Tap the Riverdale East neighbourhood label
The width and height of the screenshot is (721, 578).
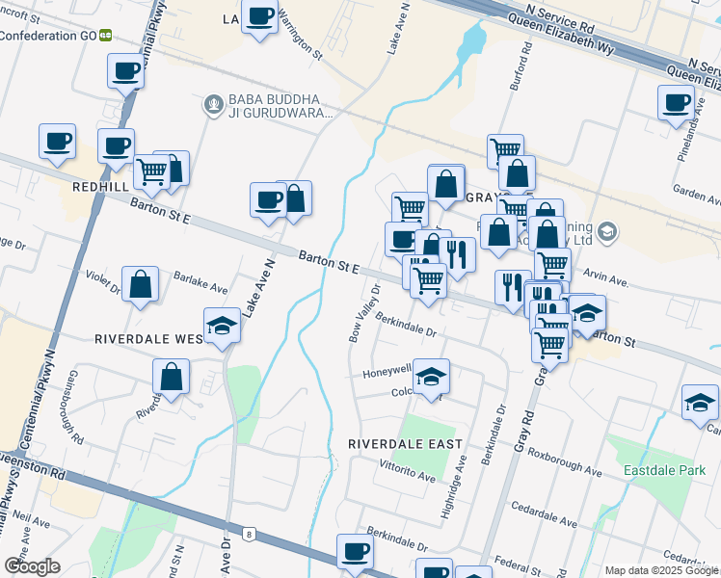(406, 444)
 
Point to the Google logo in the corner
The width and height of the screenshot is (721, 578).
(31, 566)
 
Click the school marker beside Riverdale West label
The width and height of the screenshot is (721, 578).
(222, 325)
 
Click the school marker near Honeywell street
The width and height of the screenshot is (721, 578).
(432, 375)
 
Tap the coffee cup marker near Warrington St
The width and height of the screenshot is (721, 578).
(260, 17)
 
